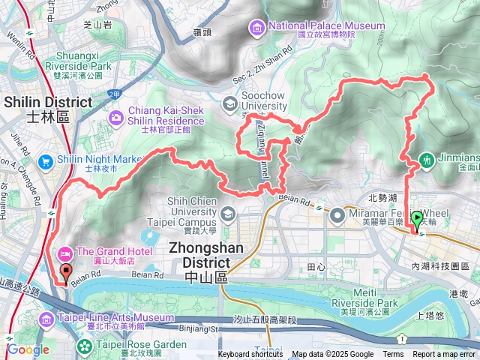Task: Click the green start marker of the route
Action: click(418, 219)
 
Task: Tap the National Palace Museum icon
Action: click(256, 28)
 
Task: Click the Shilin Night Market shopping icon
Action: click(46, 160)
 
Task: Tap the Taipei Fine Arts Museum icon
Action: click(46, 320)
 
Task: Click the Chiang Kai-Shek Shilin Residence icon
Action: click(116, 118)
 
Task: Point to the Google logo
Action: click(28, 349)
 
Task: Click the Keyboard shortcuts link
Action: click(250, 355)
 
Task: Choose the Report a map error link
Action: click(445, 355)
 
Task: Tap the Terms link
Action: click(393, 355)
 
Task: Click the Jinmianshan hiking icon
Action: click(427, 159)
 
